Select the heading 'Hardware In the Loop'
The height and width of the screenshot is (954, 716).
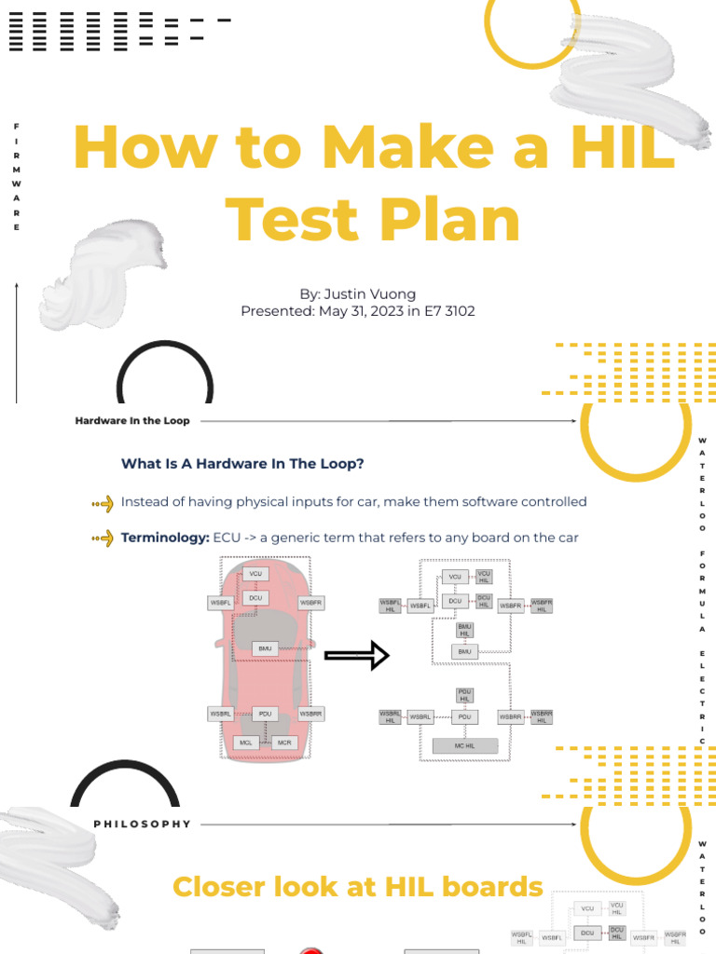[x=131, y=421]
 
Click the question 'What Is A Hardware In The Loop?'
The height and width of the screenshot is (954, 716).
[x=242, y=463]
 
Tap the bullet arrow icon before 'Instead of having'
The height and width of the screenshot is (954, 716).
[x=103, y=503]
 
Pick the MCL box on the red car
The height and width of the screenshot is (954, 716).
[x=246, y=743]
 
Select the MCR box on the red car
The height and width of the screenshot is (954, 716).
[x=284, y=743]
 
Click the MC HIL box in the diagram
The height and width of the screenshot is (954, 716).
[x=464, y=745]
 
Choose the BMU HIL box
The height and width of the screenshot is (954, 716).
[x=464, y=631]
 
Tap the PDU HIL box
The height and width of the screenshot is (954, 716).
[x=464, y=695]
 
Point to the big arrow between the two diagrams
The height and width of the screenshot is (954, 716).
[x=356, y=655]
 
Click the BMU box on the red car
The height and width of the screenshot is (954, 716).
[x=265, y=647]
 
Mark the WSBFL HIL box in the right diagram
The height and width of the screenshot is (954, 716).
[x=390, y=606]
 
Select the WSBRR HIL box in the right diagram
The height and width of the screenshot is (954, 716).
[x=542, y=716]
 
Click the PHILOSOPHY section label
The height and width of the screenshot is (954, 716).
[x=142, y=825]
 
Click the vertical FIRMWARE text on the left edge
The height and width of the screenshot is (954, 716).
[x=16, y=177]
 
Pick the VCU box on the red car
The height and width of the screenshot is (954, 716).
[x=255, y=574]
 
